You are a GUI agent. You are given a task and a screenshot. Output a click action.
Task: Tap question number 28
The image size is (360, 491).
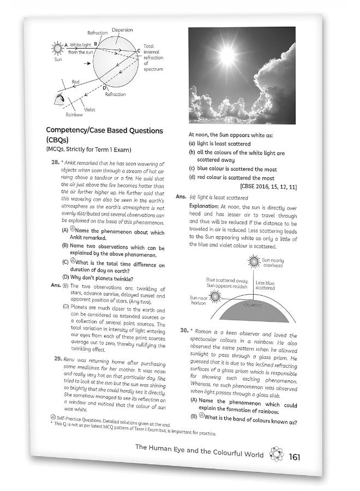55,162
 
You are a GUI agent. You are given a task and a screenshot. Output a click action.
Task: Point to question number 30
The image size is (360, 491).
184,331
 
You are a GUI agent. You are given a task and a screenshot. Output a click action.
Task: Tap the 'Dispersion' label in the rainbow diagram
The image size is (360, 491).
122,29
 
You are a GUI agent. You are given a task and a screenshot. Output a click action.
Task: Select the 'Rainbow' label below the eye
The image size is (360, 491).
74,115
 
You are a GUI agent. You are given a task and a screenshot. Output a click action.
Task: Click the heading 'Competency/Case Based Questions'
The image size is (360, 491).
104,131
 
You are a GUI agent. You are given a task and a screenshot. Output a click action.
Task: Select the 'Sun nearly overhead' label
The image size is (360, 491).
273,264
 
